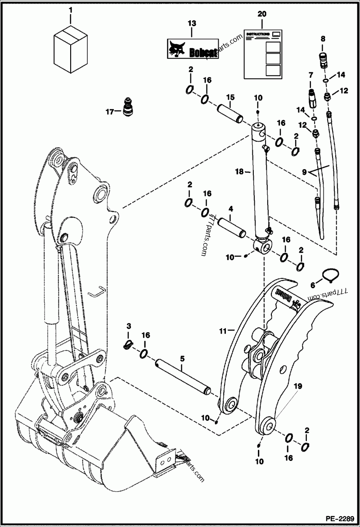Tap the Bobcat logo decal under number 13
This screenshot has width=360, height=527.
pos(193,49)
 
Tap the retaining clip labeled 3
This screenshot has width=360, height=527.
pos(129,345)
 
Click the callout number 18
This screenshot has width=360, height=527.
pos(239,171)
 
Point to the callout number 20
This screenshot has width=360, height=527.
pos(261,14)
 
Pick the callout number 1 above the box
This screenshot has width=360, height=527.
pos(70,9)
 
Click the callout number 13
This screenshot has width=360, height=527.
pos(191,22)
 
